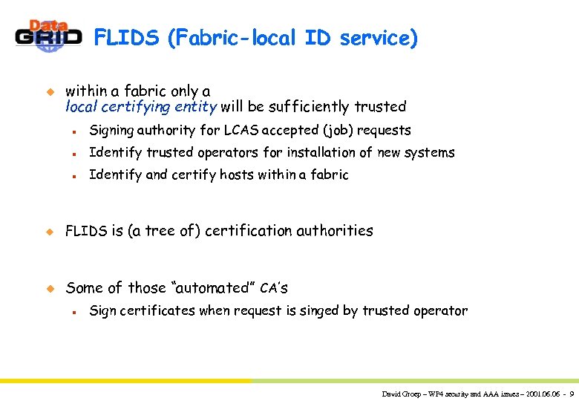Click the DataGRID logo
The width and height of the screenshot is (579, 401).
pos(48,36)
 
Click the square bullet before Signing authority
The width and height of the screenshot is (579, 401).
pos(75,131)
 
